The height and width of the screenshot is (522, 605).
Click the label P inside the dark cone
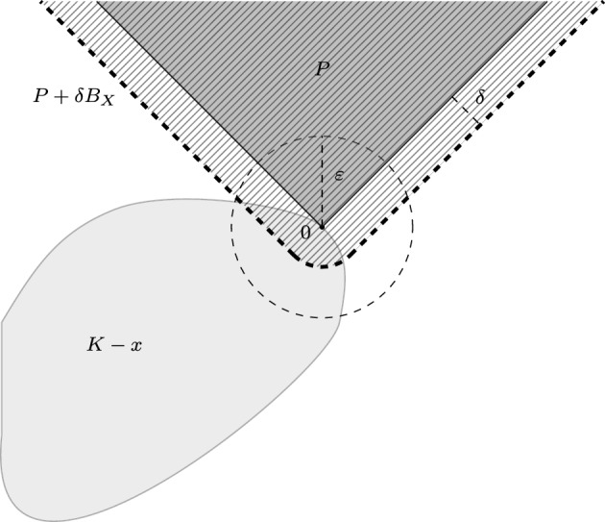click(x=323, y=70)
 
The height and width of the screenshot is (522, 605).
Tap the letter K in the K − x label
click(x=94, y=343)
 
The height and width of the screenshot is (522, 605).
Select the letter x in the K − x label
click(x=136, y=344)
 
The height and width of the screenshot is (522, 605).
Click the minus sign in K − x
click(x=115, y=343)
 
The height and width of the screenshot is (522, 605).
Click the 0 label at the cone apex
click(x=306, y=233)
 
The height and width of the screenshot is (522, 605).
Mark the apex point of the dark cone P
click(x=322, y=229)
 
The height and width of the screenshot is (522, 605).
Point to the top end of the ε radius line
click(x=322, y=137)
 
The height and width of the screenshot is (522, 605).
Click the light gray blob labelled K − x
click(x=144, y=404)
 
